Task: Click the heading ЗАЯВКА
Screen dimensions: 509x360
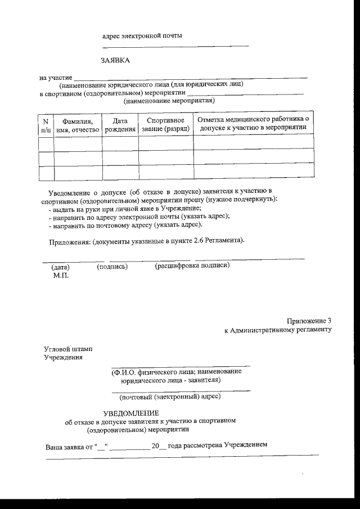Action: pyautogui.click(x=115, y=60)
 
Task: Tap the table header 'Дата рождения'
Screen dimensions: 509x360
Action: pyautogui.click(x=120, y=125)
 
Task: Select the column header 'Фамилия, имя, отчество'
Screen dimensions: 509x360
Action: pyautogui.click(x=78, y=125)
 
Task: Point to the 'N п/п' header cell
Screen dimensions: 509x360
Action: pyautogui.click(x=46, y=125)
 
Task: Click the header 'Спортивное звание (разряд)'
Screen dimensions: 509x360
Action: pyautogui.click(x=165, y=125)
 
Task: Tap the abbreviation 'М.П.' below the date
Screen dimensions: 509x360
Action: pyautogui.click(x=60, y=276)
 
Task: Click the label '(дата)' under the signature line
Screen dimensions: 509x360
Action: pyautogui.click(x=60, y=267)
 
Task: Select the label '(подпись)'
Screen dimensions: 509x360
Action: pyautogui.click(x=112, y=266)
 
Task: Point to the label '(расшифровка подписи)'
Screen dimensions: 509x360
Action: pyautogui.click(x=192, y=265)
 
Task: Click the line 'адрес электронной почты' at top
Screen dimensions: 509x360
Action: pyautogui.click(x=142, y=36)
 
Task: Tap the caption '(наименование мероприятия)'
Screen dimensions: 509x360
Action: pyautogui.click(x=170, y=101)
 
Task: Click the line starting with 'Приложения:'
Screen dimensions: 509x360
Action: pyautogui.click(x=145, y=241)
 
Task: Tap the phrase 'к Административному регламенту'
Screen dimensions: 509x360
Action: pyautogui.click(x=278, y=330)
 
